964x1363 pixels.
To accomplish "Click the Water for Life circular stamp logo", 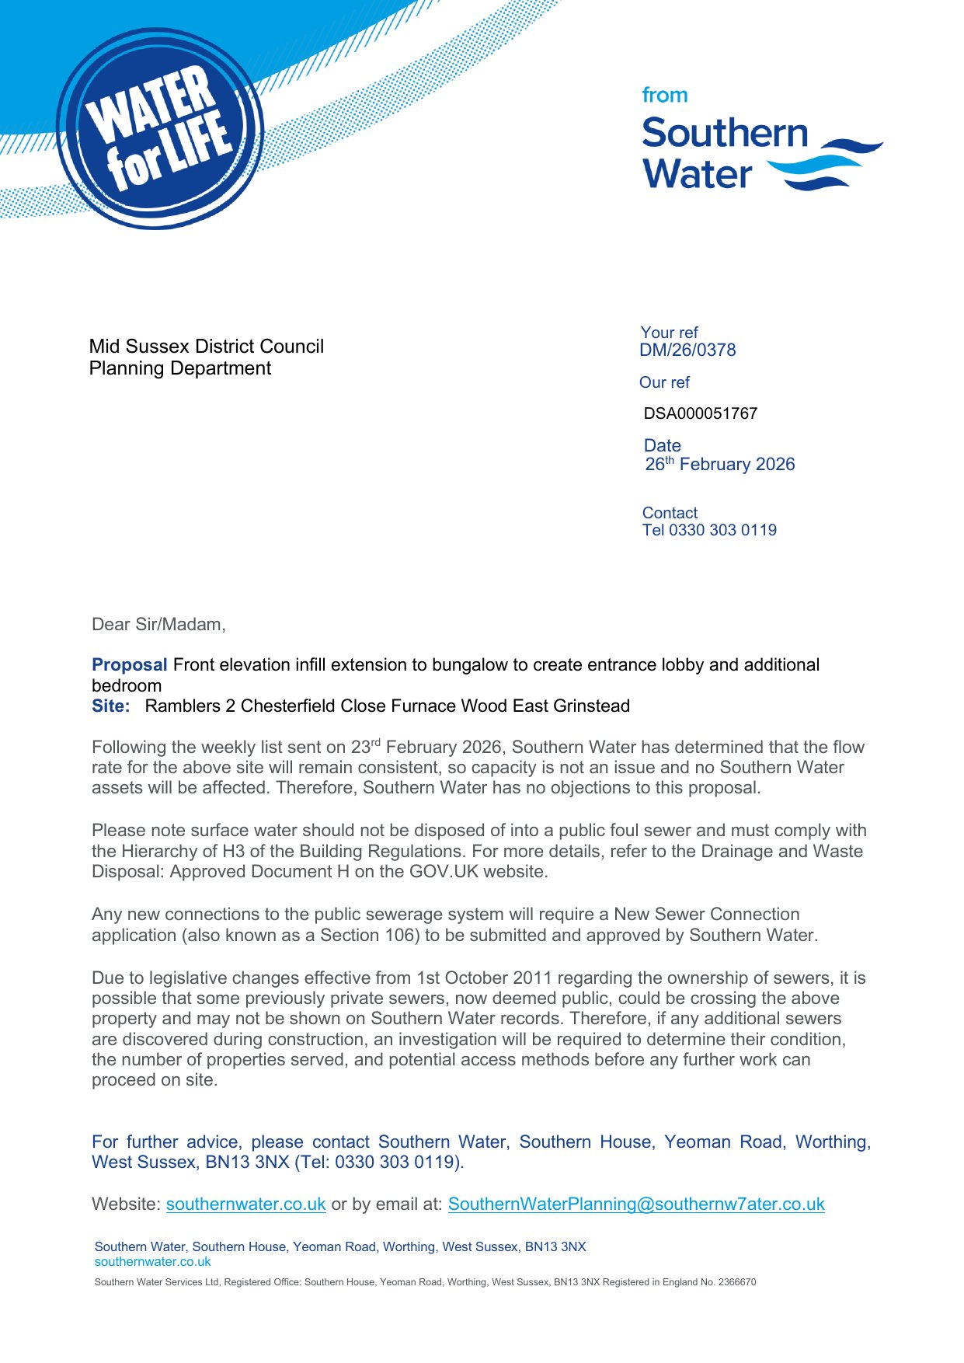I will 160,129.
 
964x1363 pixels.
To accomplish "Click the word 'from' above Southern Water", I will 664,96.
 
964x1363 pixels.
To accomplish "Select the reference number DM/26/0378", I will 687,350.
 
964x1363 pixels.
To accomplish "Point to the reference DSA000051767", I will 700,413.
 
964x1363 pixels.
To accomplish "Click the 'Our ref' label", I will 664,382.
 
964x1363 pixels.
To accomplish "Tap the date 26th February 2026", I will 720,465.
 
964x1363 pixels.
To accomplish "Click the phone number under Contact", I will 709,530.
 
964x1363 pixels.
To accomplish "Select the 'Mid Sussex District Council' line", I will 207,347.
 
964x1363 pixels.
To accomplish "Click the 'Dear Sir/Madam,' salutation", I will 158,625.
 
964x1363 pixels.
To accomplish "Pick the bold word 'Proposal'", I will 129,665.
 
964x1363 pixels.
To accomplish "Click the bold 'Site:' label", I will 111,706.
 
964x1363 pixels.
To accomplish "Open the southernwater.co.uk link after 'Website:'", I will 245,1204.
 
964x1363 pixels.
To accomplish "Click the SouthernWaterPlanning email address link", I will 636,1204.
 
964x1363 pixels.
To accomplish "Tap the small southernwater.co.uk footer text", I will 152,1262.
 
